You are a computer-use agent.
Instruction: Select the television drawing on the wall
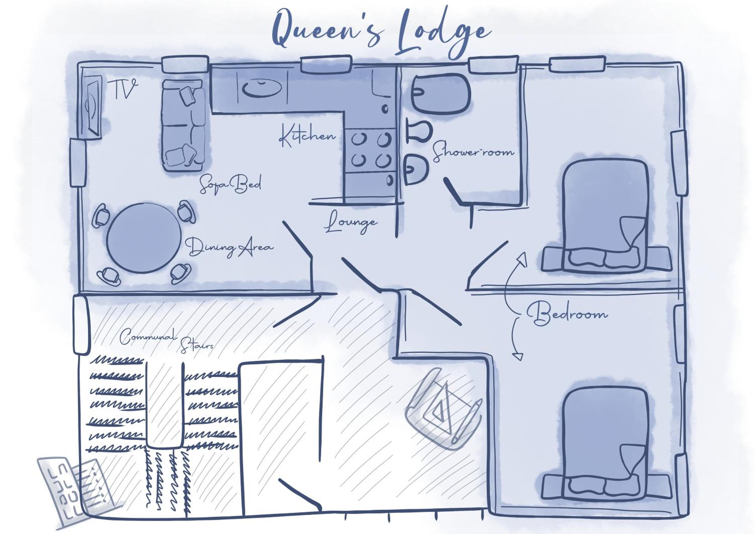pos(93,105)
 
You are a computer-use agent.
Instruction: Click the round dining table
pos(144,238)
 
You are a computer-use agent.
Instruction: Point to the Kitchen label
pos(308,135)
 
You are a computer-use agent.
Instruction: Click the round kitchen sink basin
pos(262,88)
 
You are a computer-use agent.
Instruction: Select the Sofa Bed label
pos(230,184)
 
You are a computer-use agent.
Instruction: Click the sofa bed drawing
pos(183,125)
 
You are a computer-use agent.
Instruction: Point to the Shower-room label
pos(473,152)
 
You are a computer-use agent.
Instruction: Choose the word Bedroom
pos(567,314)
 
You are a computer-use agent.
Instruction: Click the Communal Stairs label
pos(166,341)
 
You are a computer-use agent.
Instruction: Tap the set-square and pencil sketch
pos(444,409)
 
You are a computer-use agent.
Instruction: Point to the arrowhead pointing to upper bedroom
pos(522,260)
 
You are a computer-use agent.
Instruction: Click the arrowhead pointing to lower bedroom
pos(518,356)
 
